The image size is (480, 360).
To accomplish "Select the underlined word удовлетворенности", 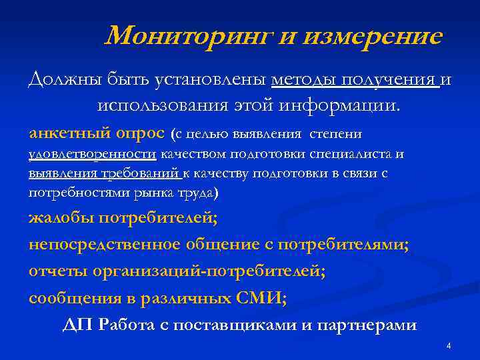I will [x=92, y=155].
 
